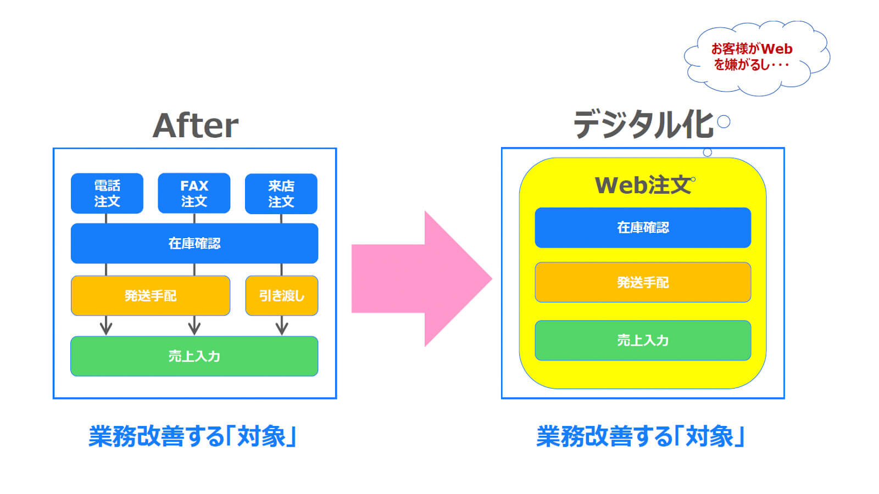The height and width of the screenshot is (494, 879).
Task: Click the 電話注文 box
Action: point(107,193)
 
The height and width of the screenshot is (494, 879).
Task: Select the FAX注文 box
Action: point(194,193)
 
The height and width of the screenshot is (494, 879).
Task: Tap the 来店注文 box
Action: point(281,194)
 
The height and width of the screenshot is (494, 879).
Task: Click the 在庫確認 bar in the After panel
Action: point(194,244)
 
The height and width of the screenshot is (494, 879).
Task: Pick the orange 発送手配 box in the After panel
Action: point(151,296)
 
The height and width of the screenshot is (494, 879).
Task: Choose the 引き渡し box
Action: point(282,296)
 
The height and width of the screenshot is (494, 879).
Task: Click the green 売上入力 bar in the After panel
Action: point(194,356)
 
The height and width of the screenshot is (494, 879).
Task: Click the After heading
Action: point(196,126)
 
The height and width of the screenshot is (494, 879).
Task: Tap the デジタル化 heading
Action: point(643,124)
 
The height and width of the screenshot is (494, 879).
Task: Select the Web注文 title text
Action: point(643,186)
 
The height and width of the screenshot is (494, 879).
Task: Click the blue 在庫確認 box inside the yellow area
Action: point(643,228)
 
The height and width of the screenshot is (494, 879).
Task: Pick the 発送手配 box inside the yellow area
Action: point(643,282)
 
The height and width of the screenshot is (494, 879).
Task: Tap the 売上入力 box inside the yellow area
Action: point(643,340)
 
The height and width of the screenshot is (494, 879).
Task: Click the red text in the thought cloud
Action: point(752,57)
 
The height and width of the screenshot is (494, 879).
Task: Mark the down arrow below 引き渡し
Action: point(282,325)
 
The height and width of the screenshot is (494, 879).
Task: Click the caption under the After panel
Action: point(192,436)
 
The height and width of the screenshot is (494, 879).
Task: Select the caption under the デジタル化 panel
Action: point(641,436)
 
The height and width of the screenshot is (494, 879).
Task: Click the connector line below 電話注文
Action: point(106,218)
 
